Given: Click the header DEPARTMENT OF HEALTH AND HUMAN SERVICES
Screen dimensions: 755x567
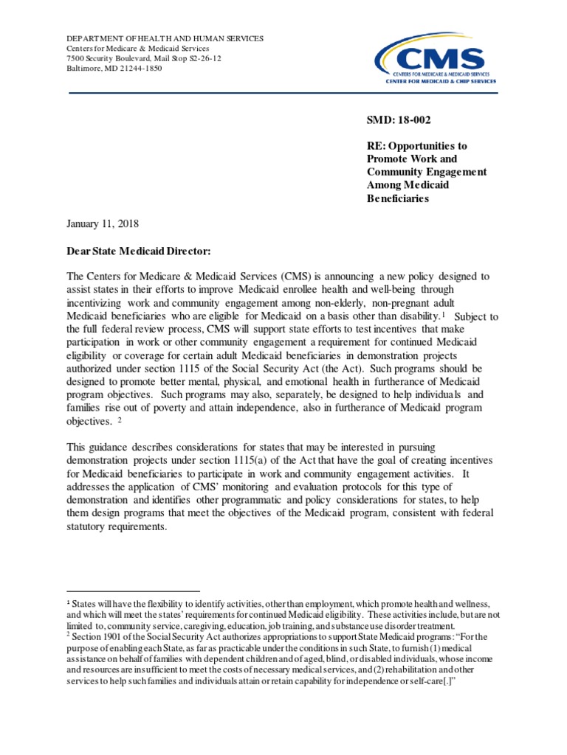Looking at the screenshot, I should [x=165, y=38].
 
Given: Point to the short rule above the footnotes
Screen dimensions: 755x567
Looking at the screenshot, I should [x=134, y=591].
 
